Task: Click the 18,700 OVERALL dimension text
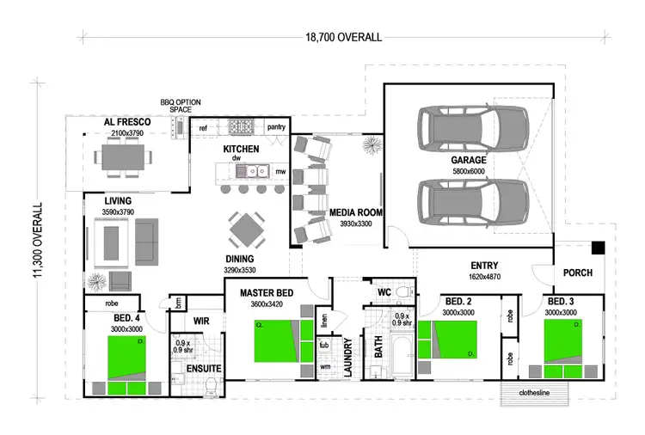pyautogui.click(x=344, y=37)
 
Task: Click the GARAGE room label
pyautogui.click(x=469, y=160)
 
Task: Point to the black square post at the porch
pyautogui.click(x=599, y=248)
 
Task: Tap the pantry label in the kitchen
pyautogui.click(x=276, y=127)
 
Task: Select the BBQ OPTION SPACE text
pyautogui.click(x=179, y=105)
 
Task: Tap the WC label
pyautogui.click(x=385, y=292)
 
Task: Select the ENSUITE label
pyautogui.click(x=205, y=369)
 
